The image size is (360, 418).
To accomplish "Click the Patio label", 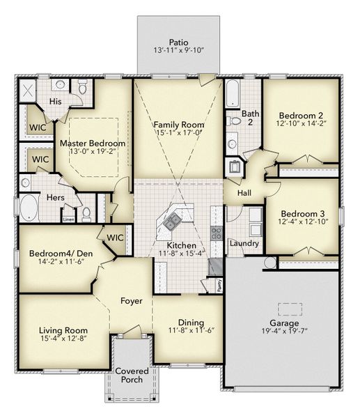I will (x=180, y=41).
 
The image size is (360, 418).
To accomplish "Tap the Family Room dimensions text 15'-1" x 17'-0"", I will (x=178, y=132).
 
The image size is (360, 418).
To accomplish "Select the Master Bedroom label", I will (x=97, y=143).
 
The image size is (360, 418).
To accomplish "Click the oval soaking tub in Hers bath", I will (x=29, y=208).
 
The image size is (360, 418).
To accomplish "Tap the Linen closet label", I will (x=68, y=219).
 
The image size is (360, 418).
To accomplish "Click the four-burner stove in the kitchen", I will (x=216, y=233).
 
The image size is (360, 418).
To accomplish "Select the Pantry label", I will (x=219, y=284).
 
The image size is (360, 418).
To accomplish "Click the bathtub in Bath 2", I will (x=232, y=93).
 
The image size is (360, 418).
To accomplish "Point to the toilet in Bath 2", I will (x=235, y=121).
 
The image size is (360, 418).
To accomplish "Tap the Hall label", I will (x=244, y=193).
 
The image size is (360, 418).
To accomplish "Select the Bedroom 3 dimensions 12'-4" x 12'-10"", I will (x=304, y=222).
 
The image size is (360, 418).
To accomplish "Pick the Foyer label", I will (x=131, y=301).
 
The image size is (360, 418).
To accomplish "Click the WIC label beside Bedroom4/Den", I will (x=115, y=237).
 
